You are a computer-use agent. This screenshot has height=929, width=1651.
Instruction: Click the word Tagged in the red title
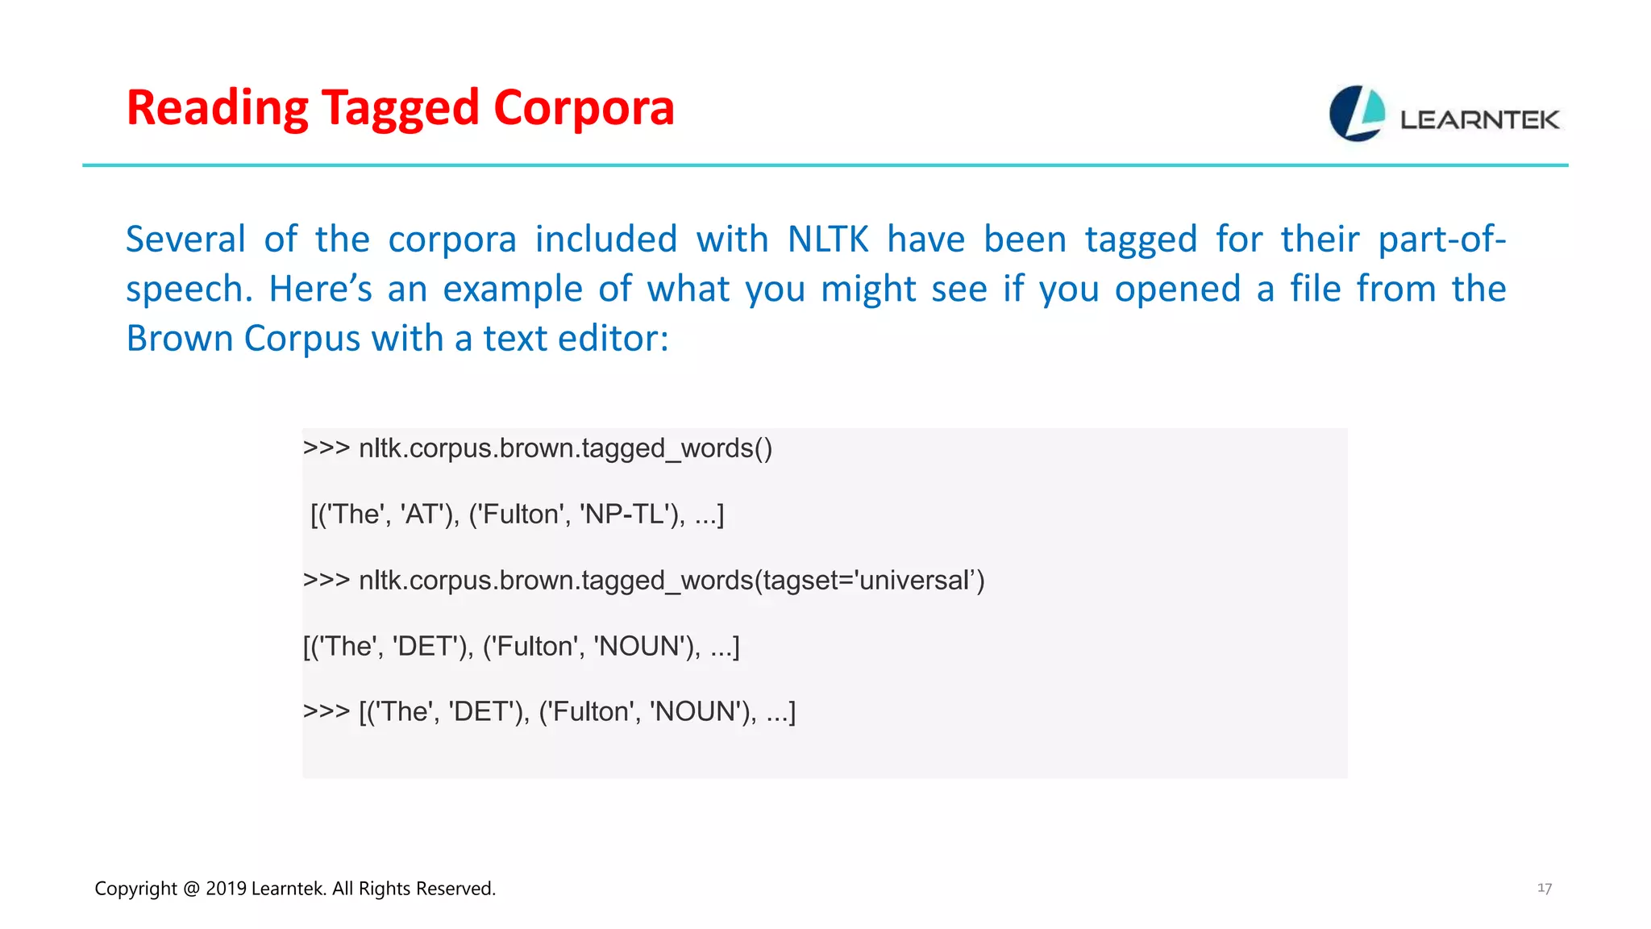point(399,108)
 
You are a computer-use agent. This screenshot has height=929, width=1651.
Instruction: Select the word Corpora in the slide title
point(584,108)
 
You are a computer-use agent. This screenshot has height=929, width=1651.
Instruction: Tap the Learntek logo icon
point(1357,114)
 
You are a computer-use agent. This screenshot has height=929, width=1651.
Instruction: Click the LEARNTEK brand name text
point(1479,120)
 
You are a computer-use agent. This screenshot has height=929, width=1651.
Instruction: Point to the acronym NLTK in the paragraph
point(828,240)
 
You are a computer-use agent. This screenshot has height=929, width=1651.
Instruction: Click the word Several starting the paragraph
point(185,240)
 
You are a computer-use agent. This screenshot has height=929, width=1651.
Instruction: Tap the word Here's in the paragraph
point(320,289)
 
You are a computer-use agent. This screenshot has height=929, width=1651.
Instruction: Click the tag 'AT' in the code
point(422,514)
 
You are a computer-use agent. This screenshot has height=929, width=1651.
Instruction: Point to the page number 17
point(1544,888)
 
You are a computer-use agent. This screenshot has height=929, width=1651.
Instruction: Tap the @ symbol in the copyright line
point(191,889)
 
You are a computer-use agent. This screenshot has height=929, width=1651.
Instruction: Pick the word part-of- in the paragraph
point(1441,240)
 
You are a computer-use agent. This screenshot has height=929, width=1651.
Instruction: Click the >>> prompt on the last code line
point(326,712)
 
